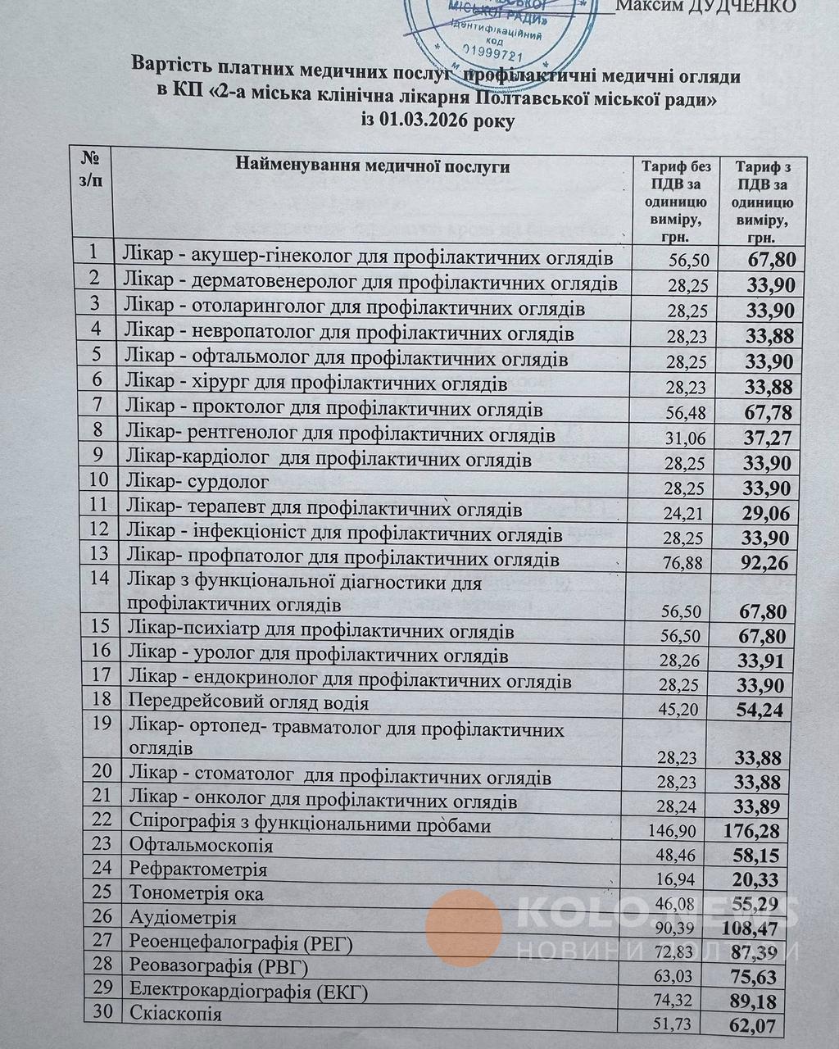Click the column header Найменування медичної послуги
373,167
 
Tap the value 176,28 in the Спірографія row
752,831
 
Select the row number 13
99,554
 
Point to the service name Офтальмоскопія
201,845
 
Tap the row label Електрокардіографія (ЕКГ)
248,992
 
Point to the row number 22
101,820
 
